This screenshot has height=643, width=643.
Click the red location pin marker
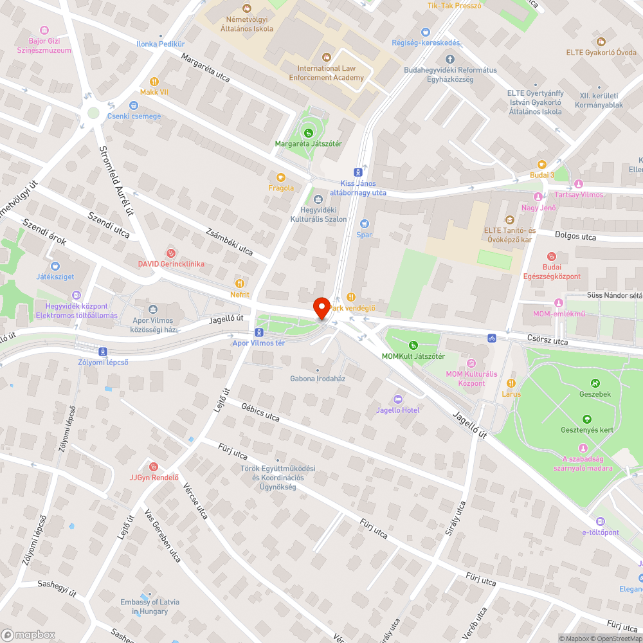(321, 308)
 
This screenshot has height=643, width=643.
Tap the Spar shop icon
(365, 223)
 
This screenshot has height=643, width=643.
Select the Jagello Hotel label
(398, 410)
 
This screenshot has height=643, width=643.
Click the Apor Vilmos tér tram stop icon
(258, 332)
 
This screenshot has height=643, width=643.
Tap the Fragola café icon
(281, 177)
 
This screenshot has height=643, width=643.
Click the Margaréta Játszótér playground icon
(309, 132)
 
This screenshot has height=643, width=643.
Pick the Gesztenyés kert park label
(586, 430)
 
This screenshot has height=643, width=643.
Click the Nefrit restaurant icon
(240, 283)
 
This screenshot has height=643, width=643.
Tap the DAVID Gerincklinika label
(171, 264)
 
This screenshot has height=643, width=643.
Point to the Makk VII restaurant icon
(154, 82)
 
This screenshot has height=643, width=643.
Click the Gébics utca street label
(260, 412)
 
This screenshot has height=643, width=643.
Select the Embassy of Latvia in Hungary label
(150, 606)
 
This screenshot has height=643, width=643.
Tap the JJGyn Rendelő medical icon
(153, 466)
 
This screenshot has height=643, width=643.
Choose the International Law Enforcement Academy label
(326, 73)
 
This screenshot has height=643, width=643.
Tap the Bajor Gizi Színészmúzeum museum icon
(44, 30)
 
